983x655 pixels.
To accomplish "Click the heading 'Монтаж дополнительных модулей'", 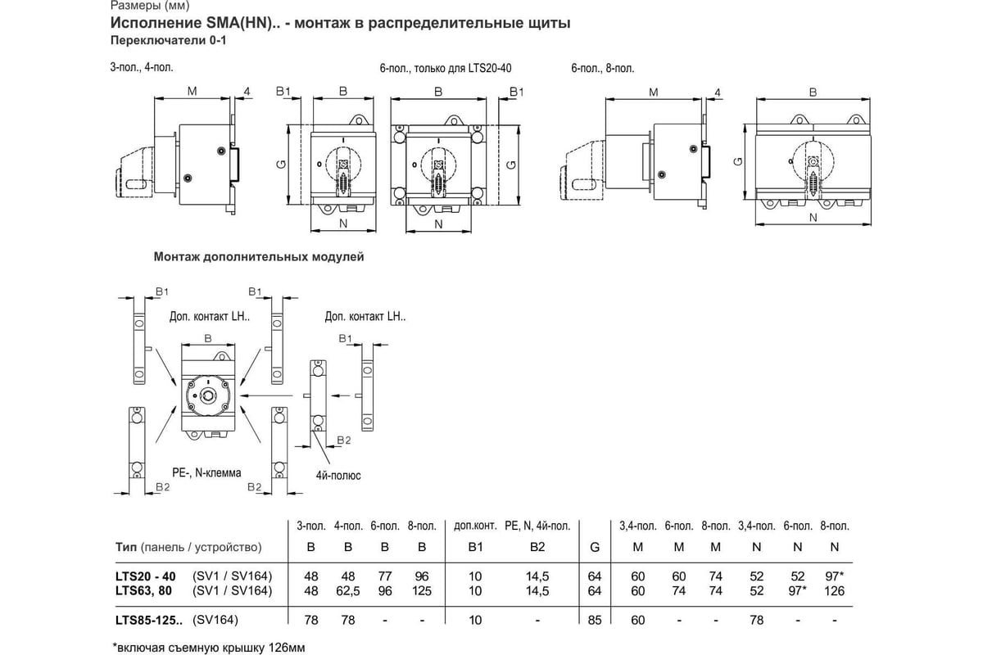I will point(259,256).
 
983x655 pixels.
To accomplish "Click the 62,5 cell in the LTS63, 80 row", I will point(348,590).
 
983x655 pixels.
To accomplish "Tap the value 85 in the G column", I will point(595,620).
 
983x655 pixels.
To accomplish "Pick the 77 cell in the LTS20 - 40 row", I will point(386,576).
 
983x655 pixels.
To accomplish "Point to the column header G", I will point(595,547).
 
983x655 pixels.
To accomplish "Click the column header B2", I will point(537,547).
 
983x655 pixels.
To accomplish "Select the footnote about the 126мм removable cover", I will point(208,648).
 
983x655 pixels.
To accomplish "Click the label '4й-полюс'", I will point(338,475).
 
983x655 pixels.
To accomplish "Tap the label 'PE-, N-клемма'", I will point(206,472).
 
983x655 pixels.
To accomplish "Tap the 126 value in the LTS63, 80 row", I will point(835,590).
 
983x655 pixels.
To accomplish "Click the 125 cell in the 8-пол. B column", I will point(422,590).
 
